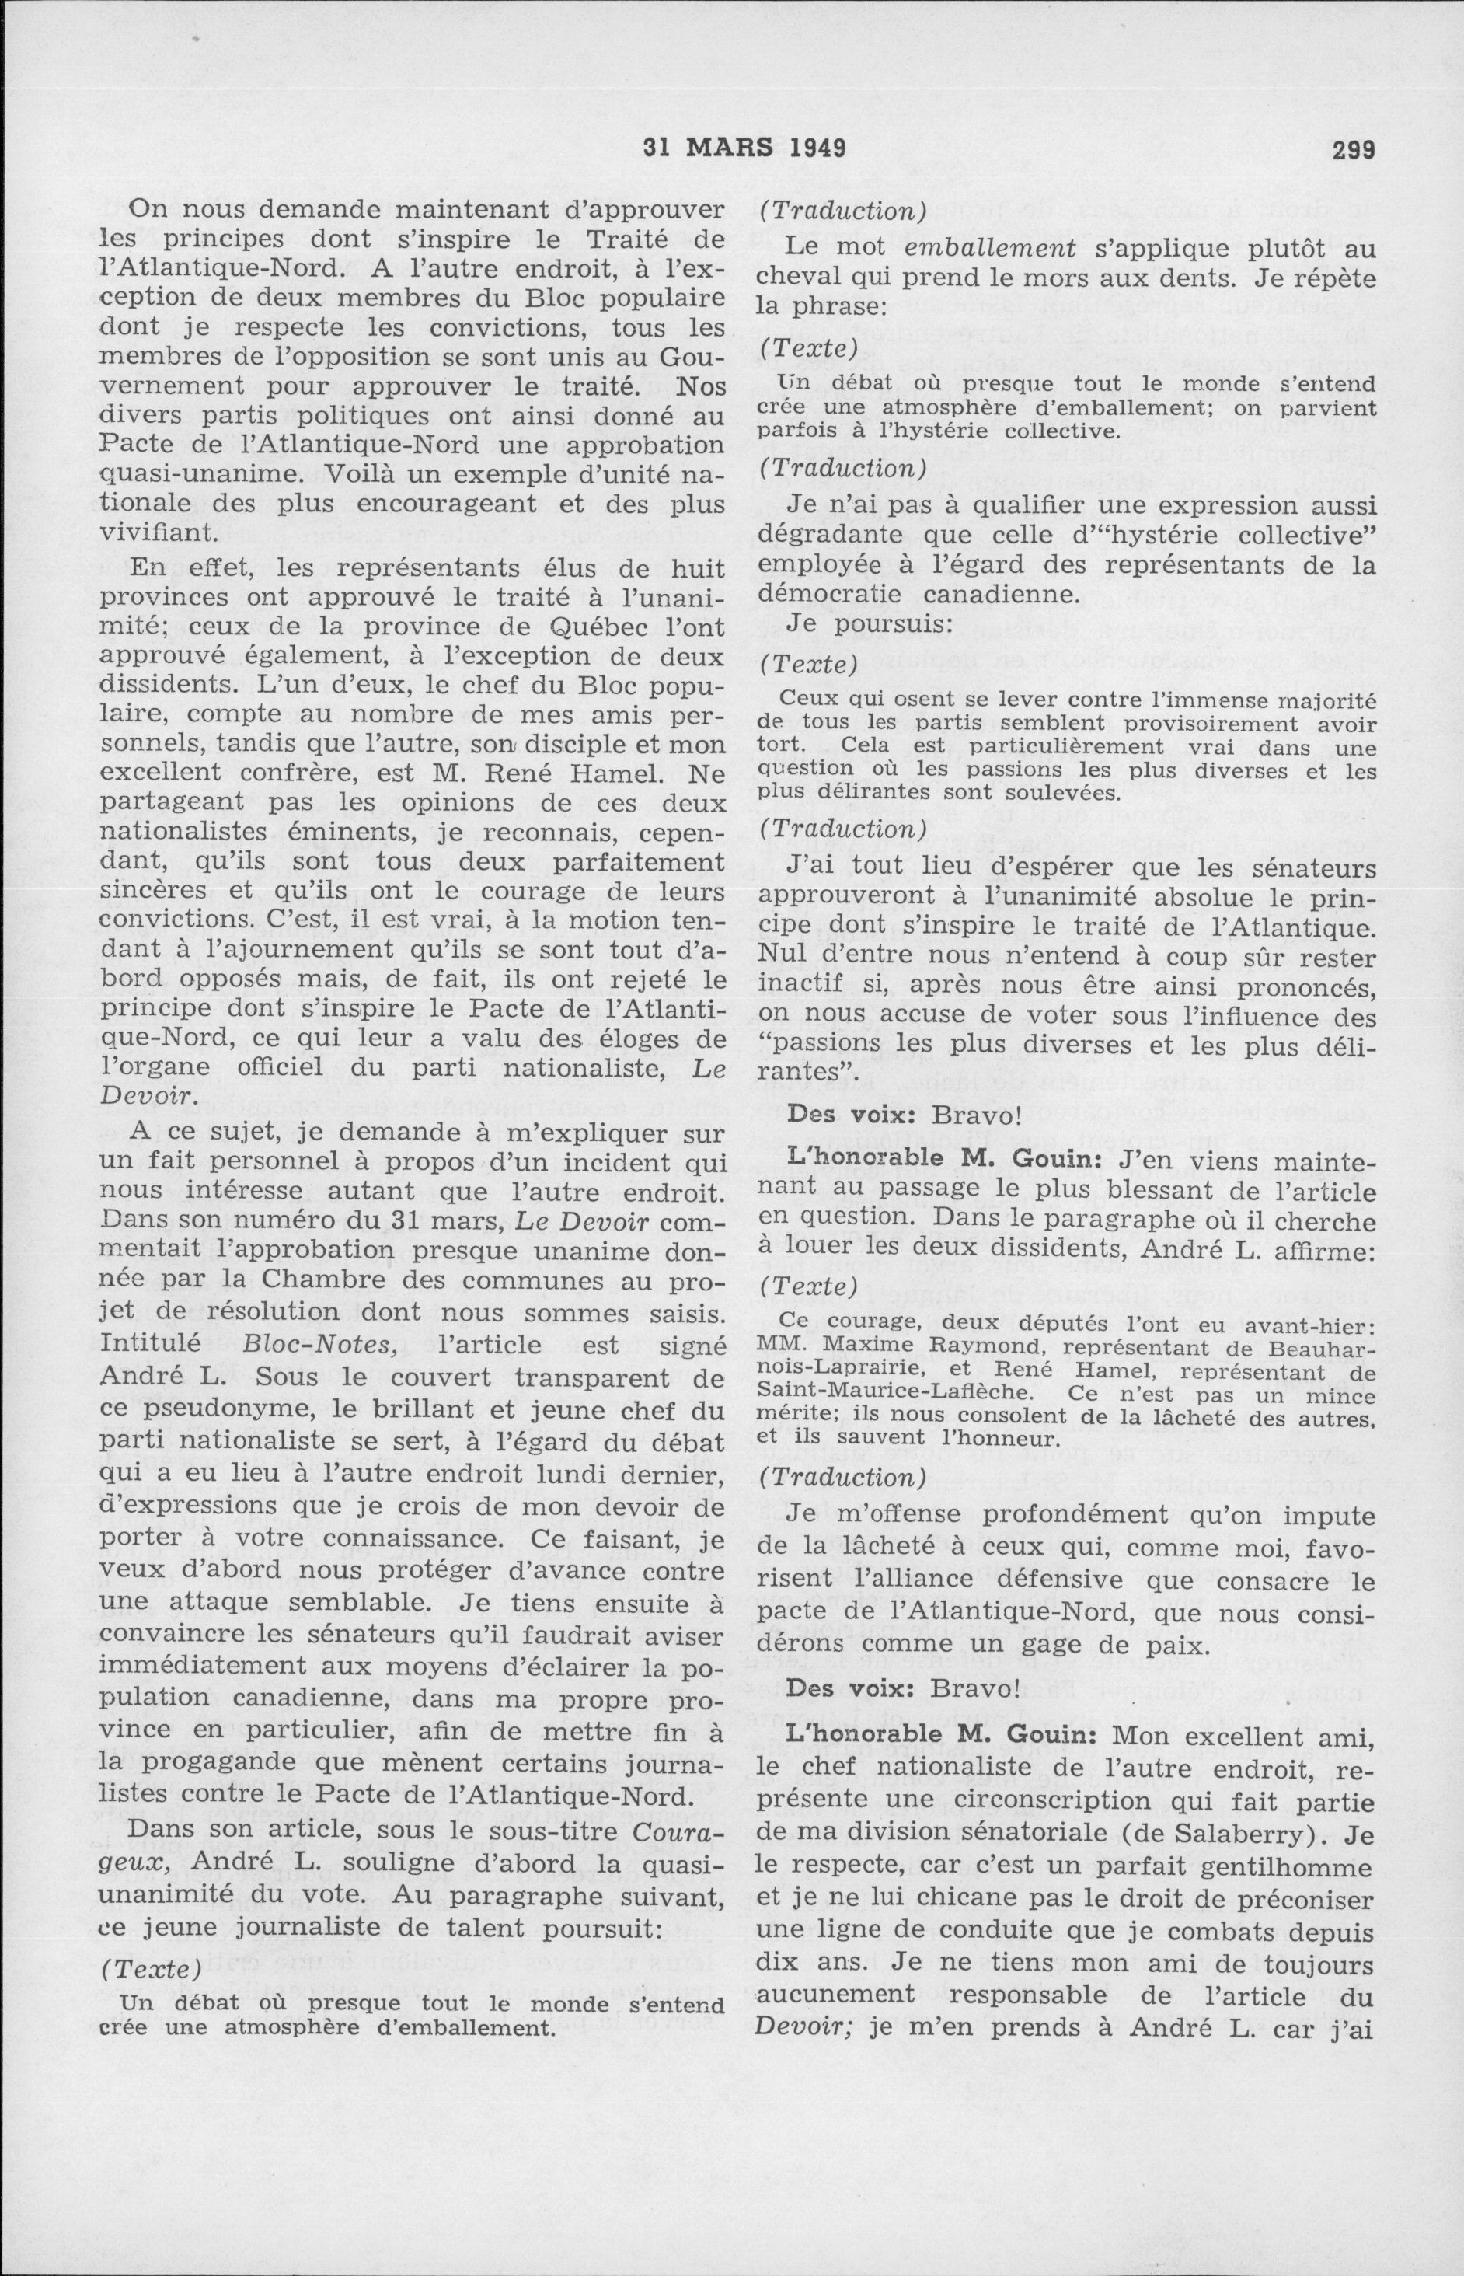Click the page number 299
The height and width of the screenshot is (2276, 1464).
coord(1354,149)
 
